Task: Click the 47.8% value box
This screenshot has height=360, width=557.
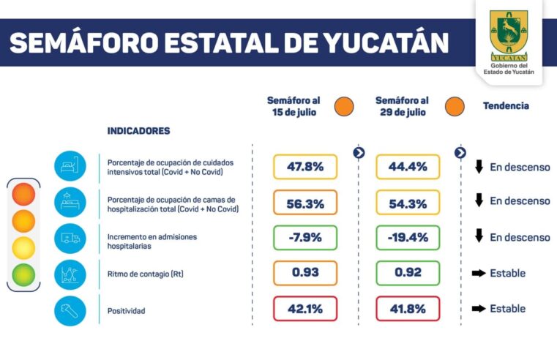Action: pos(305,167)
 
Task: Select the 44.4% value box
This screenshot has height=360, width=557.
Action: pos(408,167)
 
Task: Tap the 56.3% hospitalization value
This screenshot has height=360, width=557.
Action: pos(305,203)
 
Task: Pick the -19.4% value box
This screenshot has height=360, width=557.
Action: pos(408,238)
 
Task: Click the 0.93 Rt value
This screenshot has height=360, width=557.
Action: pos(305,273)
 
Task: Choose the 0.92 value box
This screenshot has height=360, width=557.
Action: pos(408,273)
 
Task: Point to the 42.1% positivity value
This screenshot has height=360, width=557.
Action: pos(305,309)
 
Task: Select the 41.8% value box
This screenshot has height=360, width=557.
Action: pos(408,309)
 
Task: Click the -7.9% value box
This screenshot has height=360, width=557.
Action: pos(305,238)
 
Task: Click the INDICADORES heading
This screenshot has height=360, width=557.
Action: pos(138,131)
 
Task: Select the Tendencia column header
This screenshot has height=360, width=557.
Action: pos(505,106)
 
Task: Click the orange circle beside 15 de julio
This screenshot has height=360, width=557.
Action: pos(343,106)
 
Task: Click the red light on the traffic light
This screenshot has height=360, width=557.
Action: pos(23,194)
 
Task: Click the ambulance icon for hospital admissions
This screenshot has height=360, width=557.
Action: pos(70,238)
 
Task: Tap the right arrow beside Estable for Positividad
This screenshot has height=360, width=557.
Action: pos(479,309)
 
